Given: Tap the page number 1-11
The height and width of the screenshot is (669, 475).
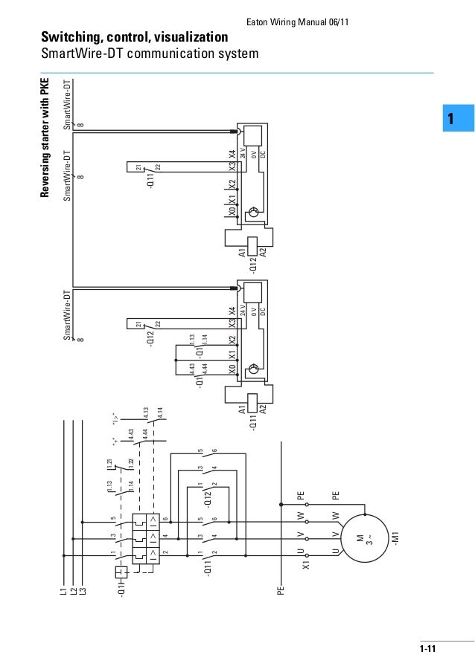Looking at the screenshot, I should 427,649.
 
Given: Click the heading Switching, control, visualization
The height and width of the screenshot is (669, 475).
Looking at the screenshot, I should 135,36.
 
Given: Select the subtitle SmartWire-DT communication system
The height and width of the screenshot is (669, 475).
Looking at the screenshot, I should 149,54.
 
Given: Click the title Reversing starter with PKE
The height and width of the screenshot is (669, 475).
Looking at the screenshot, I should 45,137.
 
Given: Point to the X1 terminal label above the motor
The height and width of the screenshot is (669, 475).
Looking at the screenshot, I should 305,566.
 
